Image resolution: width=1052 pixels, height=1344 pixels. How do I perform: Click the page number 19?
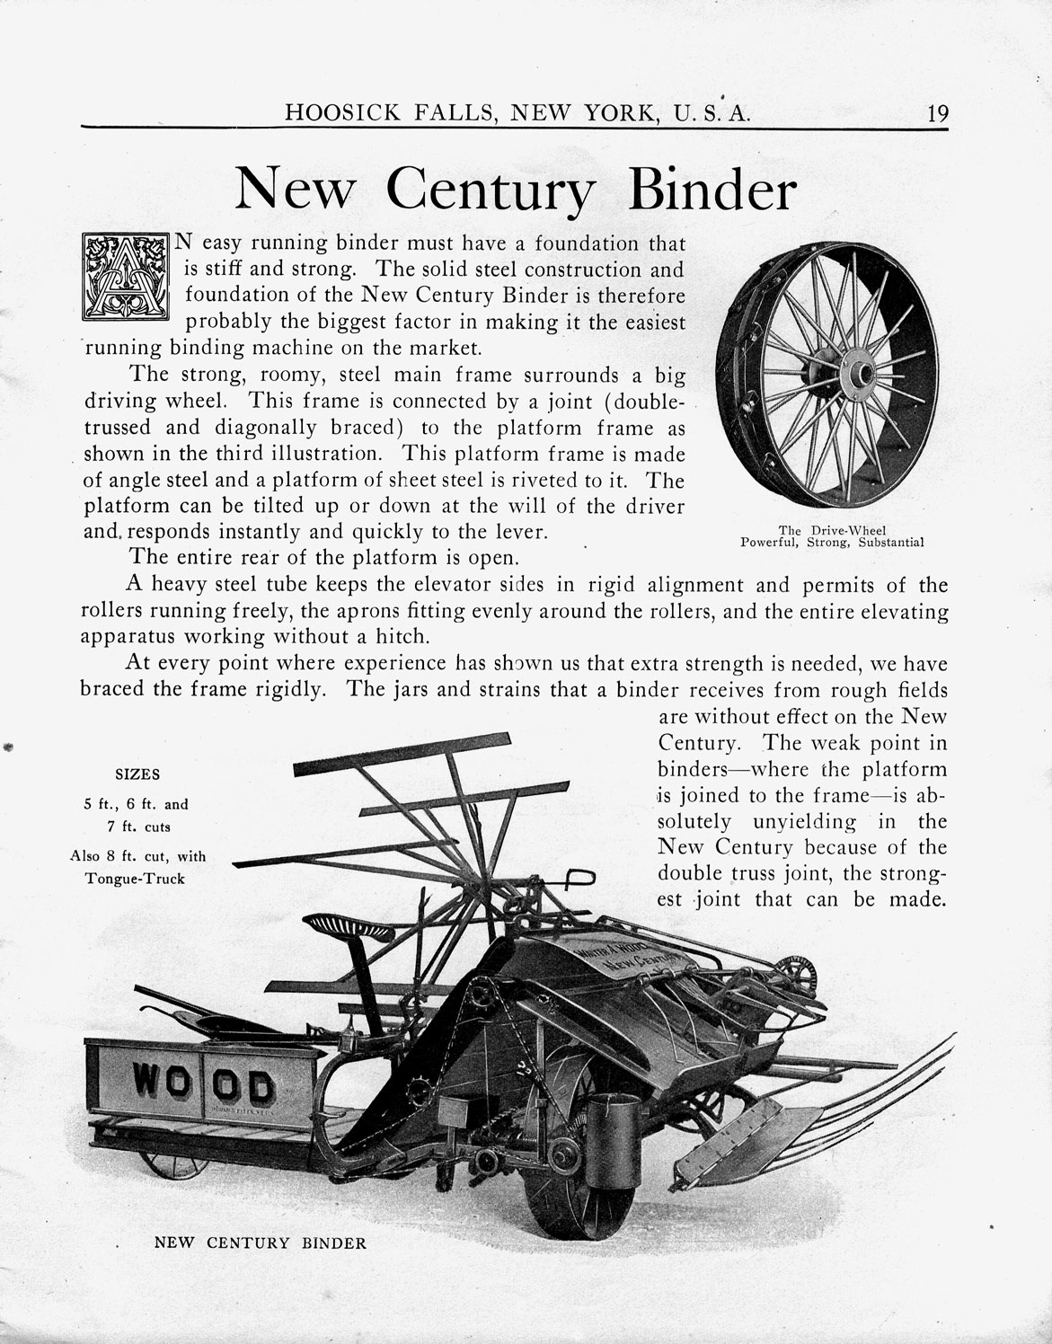933,113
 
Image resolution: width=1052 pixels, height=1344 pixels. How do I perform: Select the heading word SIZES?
137,774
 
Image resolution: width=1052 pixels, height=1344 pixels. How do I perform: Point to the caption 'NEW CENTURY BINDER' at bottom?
261,1244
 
